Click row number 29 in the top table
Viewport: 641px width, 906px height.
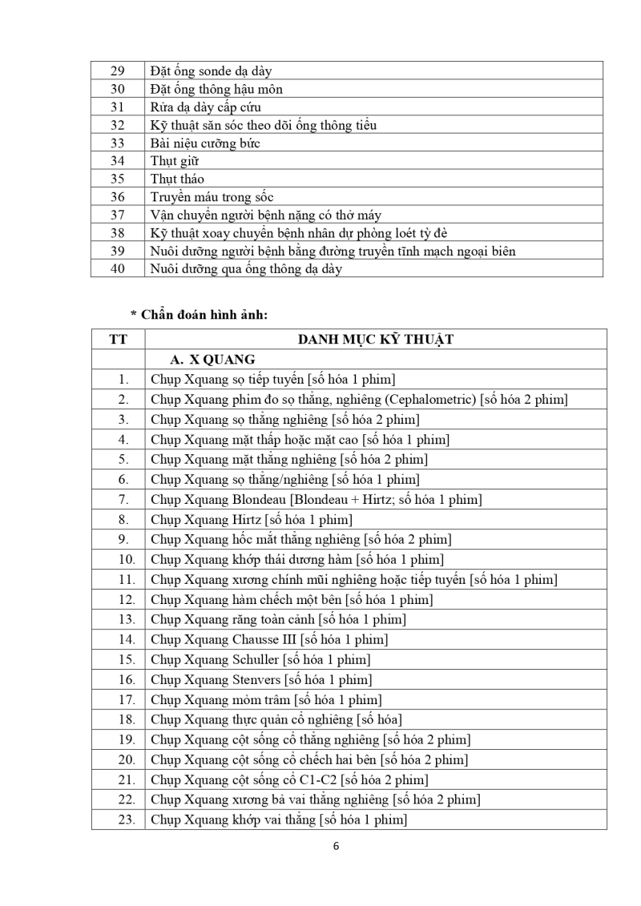click(118, 71)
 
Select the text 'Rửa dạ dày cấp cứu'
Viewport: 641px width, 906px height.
click(205, 107)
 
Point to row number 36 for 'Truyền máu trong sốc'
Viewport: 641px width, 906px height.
click(118, 197)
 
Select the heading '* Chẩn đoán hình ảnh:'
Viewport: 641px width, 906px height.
click(199, 315)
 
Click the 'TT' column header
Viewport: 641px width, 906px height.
click(118, 340)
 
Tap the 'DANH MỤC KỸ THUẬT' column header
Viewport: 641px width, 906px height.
click(375, 340)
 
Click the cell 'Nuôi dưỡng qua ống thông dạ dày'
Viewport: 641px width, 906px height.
click(245, 269)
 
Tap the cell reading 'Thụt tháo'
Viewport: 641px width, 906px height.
click(177, 179)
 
